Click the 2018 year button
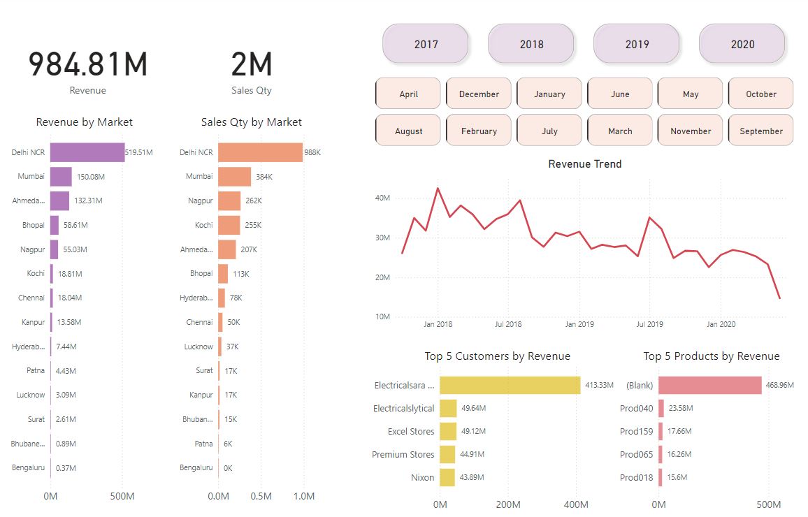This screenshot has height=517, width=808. click(531, 44)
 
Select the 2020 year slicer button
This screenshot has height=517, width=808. click(742, 44)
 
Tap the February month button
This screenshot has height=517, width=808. click(479, 131)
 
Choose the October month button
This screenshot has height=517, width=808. click(760, 94)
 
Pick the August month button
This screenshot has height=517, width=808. click(408, 131)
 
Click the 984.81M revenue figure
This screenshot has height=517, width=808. click(88, 64)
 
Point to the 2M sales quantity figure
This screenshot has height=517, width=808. click(252, 64)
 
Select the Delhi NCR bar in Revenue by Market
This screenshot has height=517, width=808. click(87, 152)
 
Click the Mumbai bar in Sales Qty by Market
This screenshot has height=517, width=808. click(234, 177)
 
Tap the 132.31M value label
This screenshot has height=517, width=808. click(88, 201)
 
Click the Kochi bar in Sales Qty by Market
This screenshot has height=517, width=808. click(229, 225)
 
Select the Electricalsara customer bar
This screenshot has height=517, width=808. click(510, 385)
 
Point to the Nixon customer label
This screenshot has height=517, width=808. click(422, 478)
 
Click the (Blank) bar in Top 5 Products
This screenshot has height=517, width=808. click(709, 385)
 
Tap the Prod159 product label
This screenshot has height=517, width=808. click(636, 432)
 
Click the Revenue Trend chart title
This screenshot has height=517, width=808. click(584, 164)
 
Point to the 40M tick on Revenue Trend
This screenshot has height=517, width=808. click(382, 198)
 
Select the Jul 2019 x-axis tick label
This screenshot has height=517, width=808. click(649, 324)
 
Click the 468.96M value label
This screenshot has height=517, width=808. click(780, 385)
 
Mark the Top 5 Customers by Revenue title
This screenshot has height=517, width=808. click(497, 356)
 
